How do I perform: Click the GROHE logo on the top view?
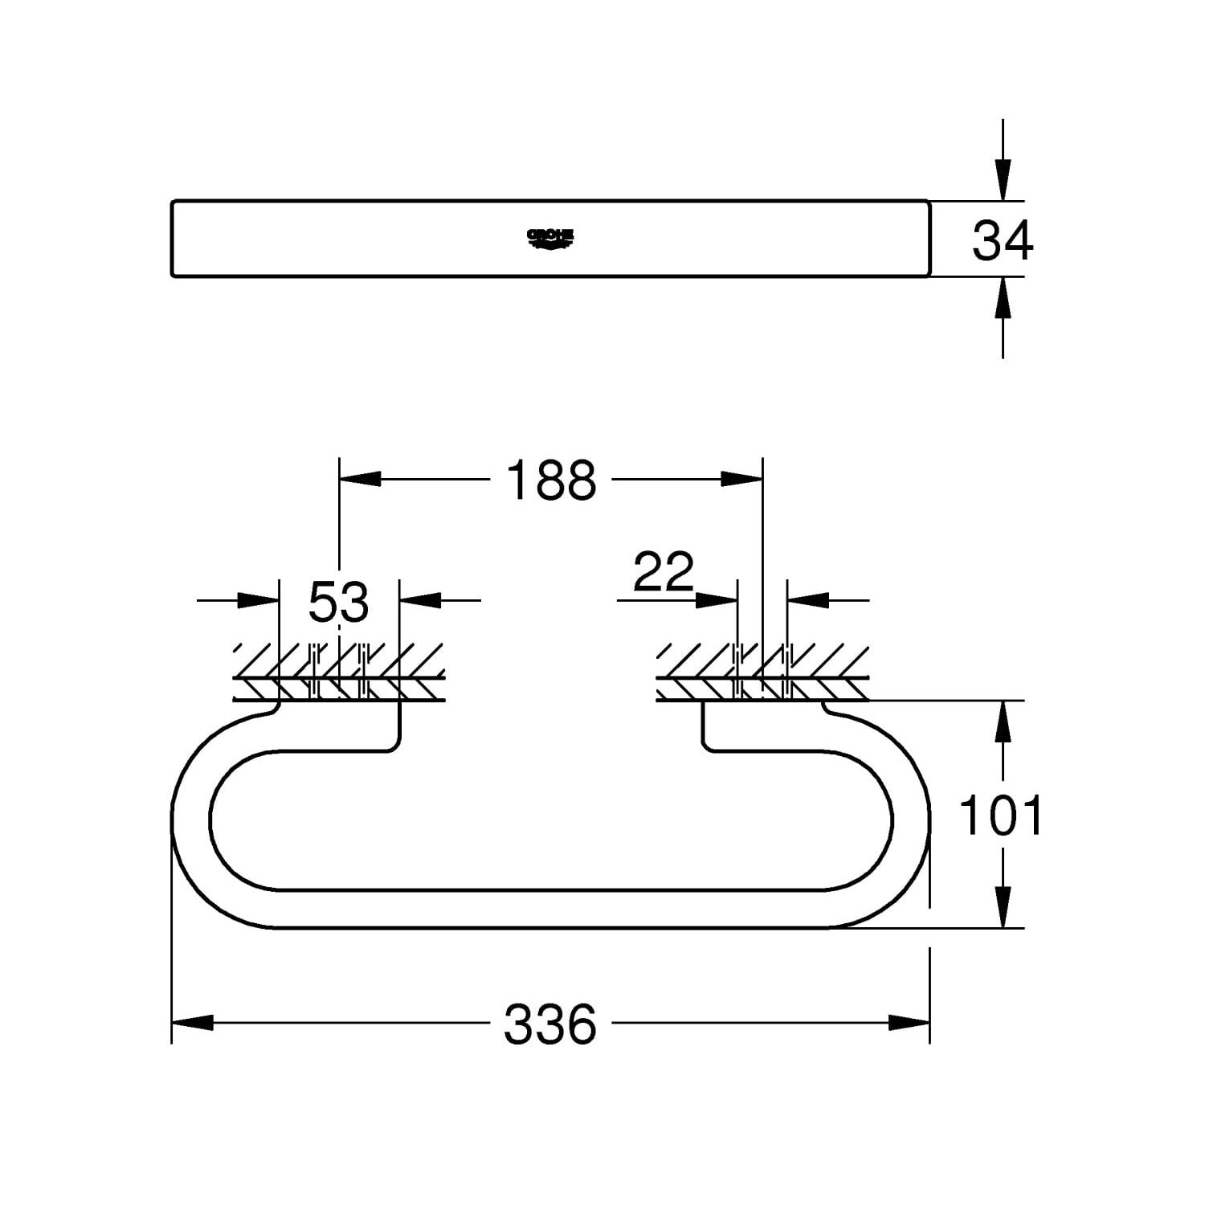click(x=551, y=237)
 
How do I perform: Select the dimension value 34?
click(x=1003, y=240)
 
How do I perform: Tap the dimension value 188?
click(x=551, y=480)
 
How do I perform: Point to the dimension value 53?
click(x=338, y=602)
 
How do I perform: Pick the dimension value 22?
click(x=663, y=572)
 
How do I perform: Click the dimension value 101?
click(x=1002, y=815)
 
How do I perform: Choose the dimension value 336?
click(x=551, y=1024)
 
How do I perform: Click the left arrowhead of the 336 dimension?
click(x=193, y=1023)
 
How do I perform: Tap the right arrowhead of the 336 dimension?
click(x=909, y=1023)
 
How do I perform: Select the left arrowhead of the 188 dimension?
click(x=359, y=479)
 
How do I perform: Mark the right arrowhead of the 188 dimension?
click(x=741, y=479)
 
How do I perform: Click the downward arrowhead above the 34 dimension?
click(x=1003, y=179)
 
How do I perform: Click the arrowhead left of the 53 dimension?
click(x=259, y=599)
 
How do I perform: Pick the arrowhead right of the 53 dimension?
click(x=420, y=599)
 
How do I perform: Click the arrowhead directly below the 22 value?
click(x=717, y=599)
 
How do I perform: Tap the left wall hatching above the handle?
click(x=338, y=672)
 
